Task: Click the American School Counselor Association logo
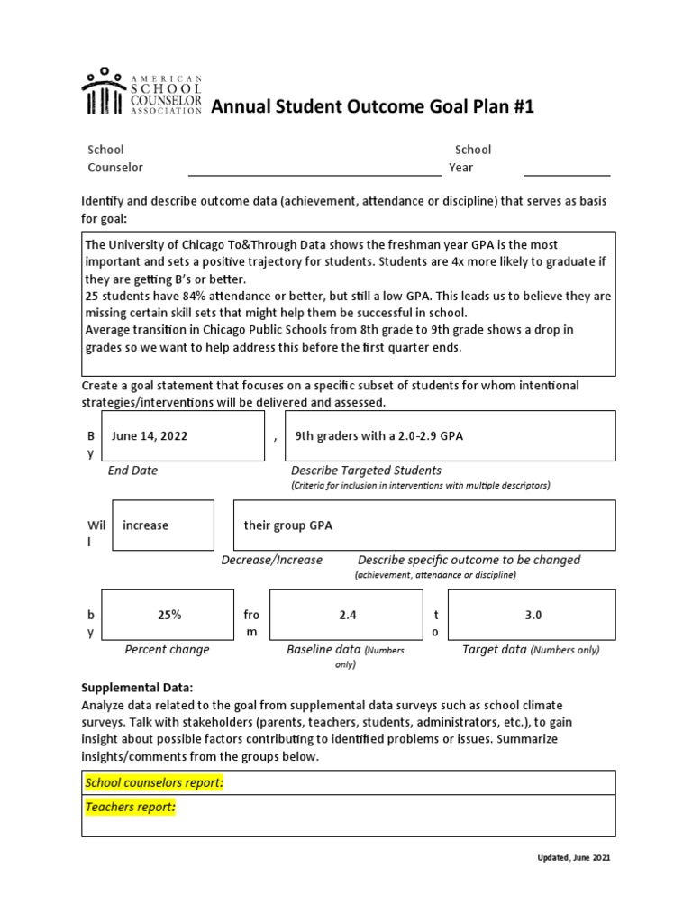141,93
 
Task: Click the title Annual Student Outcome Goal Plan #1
372,108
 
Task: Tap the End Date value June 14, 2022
150,435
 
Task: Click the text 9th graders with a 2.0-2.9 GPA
378,435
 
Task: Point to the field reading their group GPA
288,525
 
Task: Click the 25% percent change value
168,615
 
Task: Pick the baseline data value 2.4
348,615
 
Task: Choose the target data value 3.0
532,615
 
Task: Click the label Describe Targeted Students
366,470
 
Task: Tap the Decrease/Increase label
271,560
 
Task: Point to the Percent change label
167,649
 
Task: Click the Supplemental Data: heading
137,688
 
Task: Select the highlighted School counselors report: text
154,782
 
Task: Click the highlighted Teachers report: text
130,808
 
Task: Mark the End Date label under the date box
132,470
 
